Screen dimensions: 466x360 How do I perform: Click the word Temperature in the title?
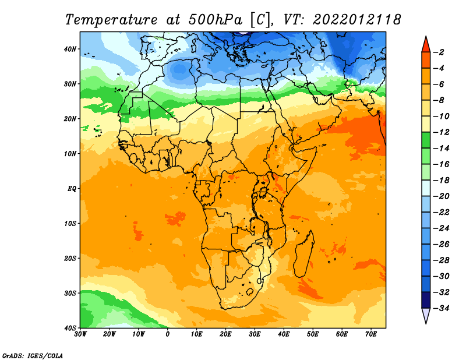[x=111, y=20]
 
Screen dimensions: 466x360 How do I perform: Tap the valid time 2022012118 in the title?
[x=356, y=20]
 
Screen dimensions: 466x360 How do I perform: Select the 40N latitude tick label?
[x=70, y=49]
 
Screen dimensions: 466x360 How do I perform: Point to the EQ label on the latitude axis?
[x=72, y=189]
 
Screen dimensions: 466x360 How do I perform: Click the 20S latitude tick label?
[x=70, y=258]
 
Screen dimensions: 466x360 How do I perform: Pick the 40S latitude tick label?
[x=70, y=328]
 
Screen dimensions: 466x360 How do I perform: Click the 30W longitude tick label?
[x=80, y=334]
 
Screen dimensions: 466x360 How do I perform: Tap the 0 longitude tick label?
[x=168, y=334]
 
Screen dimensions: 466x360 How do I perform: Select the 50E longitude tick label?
[x=313, y=334]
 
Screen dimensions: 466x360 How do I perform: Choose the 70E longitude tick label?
[x=371, y=334]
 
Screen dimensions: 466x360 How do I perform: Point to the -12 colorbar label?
[x=442, y=132]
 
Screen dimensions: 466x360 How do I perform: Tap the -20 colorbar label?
[x=442, y=196]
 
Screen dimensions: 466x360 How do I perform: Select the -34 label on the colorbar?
[x=442, y=308]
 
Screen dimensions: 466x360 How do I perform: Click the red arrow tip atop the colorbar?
[x=426, y=37]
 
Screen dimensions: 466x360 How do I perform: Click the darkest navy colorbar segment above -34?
[x=426, y=300]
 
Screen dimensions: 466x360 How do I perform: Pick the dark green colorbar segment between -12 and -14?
[x=426, y=140]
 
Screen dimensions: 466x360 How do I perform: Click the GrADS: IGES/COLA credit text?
[x=33, y=356]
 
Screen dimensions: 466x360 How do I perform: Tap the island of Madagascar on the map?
[x=303, y=256]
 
